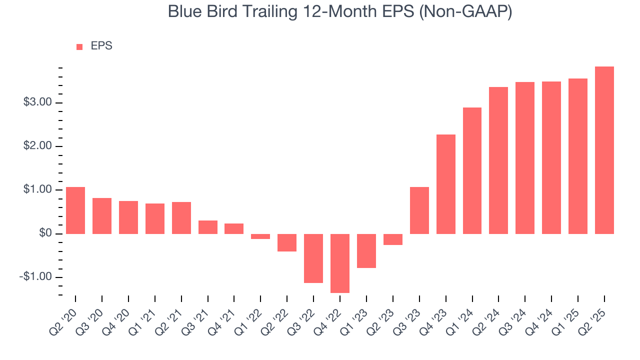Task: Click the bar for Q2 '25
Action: [x=604, y=150]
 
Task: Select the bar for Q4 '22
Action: [x=340, y=263]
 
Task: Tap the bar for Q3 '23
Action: [x=419, y=210]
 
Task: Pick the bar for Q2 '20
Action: [x=75, y=210]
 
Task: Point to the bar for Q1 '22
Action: [x=260, y=236]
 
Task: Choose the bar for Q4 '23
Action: [x=446, y=184]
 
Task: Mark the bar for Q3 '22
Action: [x=313, y=258]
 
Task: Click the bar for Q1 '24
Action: [x=472, y=170]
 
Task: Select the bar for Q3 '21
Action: [x=208, y=227]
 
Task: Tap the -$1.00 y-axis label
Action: [x=35, y=277]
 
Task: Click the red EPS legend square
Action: [x=79, y=46]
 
